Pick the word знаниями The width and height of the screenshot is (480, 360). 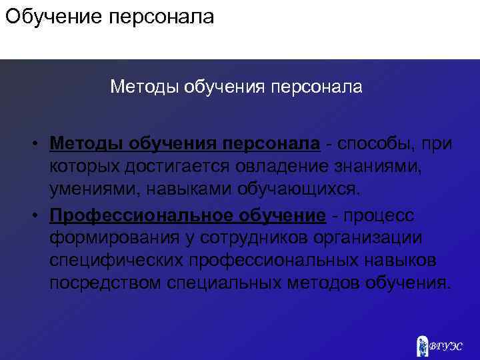pos(385,167)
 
